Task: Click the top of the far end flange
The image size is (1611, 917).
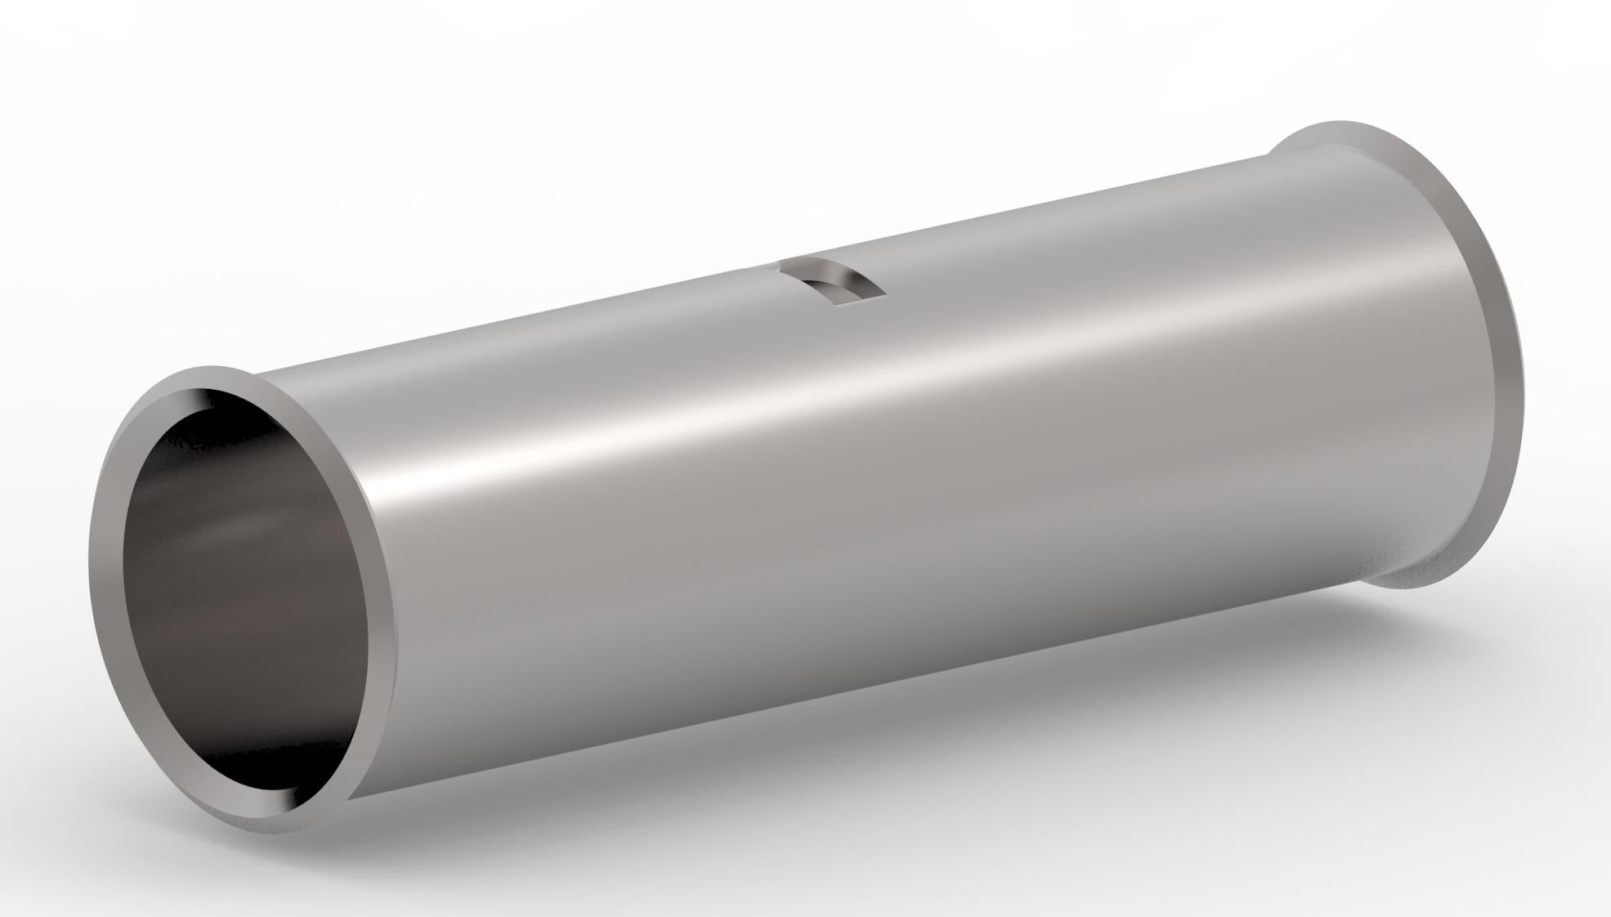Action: [1340, 123]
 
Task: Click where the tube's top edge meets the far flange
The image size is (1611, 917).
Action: [1269, 155]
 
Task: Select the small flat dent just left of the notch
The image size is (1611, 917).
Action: [760, 267]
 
